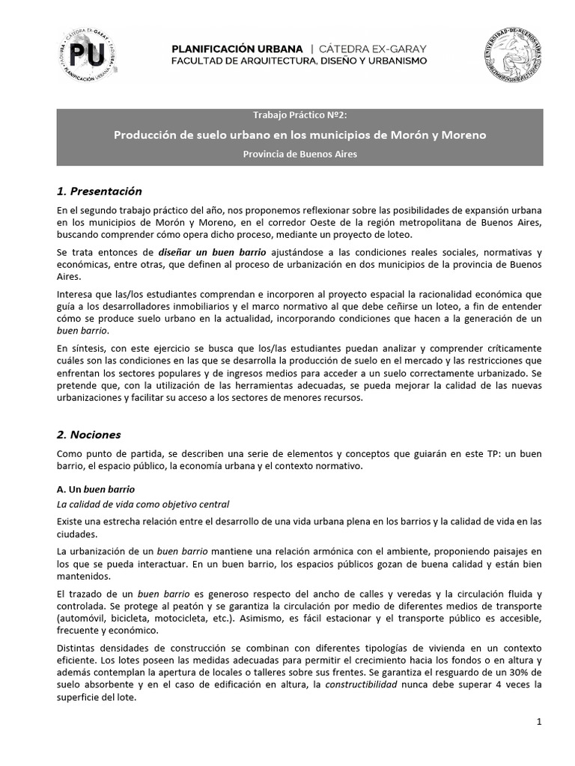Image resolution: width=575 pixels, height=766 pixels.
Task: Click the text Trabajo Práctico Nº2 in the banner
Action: pyautogui.click(x=299, y=116)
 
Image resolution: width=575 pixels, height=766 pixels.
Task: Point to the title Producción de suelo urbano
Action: pyautogui.click(x=299, y=135)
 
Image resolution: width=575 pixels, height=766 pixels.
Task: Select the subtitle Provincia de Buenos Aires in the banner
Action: pyautogui.click(x=299, y=154)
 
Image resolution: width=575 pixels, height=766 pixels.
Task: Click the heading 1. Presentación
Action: pyautogui.click(x=99, y=191)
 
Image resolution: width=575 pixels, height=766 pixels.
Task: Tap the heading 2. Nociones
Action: pyautogui.click(x=88, y=435)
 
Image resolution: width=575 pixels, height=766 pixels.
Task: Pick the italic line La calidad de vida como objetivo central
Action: pyautogui.click(x=143, y=503)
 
